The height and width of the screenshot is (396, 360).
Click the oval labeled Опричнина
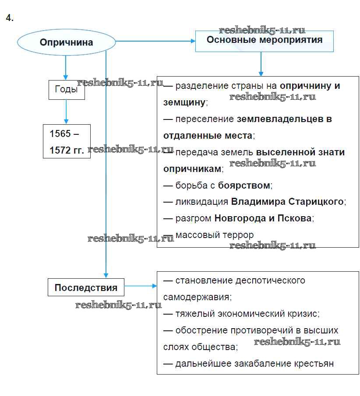[x=66, y=42]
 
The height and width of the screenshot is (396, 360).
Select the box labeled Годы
[x=66, y=89]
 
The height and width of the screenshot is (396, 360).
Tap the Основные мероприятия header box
[x=264, y=41]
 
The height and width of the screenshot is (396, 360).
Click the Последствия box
[x=86, y=287]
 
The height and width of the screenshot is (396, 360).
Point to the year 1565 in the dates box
[x=60, y=133]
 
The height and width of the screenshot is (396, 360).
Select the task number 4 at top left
[x=10, y=18]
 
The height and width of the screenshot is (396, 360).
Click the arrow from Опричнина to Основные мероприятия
[x=155, y=41]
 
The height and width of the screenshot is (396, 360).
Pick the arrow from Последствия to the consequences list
[x=140, y=286]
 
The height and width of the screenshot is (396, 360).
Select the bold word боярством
[x=244, y=185]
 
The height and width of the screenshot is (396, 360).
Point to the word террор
[x=238, y=235]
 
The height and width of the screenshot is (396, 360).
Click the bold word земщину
[x=184, y=102]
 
